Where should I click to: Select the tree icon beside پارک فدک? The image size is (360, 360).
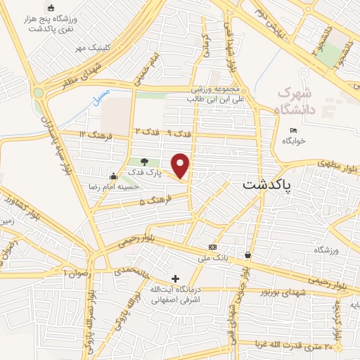pos(145,162)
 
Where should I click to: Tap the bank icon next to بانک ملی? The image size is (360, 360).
pos(213,247)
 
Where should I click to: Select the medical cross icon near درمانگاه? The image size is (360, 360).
pos(175,279)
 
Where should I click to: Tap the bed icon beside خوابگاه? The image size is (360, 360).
pos(293,130)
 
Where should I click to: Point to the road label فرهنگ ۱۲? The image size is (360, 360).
pos(92,134)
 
